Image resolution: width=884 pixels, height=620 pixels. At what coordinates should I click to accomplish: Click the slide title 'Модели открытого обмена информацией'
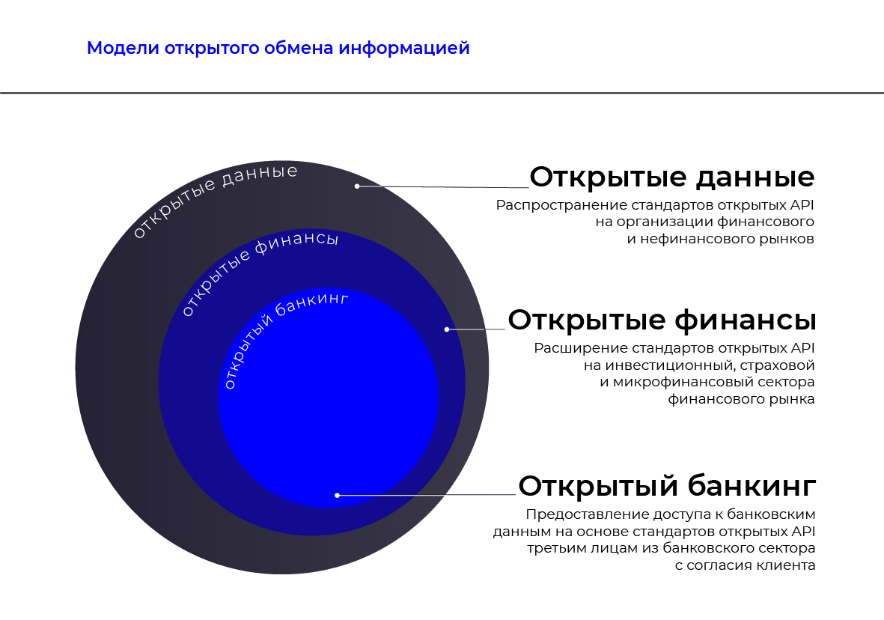coord(278,49)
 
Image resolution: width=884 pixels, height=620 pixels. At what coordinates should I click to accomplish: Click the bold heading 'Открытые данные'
coord(672,177)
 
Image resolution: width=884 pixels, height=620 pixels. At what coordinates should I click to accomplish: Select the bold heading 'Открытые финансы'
coord(662,320)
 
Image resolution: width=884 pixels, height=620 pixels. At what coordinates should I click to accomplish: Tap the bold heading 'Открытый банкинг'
coord(667,486)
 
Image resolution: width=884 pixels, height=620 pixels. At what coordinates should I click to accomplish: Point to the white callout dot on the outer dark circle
coord(357,186)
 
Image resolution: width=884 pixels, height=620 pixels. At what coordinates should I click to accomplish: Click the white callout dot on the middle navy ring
coord(447,329)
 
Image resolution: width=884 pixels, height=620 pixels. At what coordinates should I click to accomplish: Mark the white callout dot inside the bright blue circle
coord(337,495)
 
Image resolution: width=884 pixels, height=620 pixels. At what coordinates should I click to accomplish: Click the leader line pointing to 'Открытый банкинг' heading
coord(426,495)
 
